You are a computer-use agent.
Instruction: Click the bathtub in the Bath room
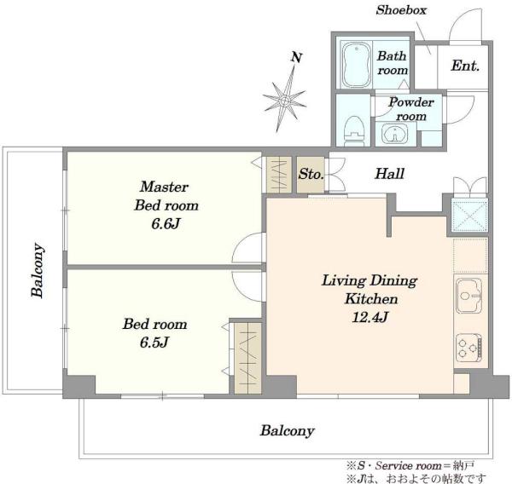(x=357, y=64)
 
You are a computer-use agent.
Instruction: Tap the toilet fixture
(x=355, y=130)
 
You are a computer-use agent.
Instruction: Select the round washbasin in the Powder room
(x=395, y=134)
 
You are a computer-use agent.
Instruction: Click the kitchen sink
(x=469, y=296)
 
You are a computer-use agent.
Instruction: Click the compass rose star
(x=285, y=100)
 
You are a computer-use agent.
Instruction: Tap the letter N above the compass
(x=296, y=58)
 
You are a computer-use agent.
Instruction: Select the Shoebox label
(x=401, y=10)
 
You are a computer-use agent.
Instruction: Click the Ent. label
(x=465, y=66)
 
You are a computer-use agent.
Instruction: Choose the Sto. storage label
(x=311, y=174)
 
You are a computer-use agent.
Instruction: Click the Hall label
(x=390, y=174)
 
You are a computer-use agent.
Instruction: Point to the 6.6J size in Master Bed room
(x=166, y=224)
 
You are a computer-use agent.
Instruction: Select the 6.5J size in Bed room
(x=154, y=343)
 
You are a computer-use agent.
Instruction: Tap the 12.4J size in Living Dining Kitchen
(x=370, y=317)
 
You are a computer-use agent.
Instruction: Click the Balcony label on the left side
(x=38, y=270)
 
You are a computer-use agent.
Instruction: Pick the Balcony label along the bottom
(x=288, y=431)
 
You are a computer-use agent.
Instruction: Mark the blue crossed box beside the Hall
(x=469, y=215)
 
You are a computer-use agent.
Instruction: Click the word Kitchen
(x=371, y=299)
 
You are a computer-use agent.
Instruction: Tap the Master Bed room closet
(x=279, y=175)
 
